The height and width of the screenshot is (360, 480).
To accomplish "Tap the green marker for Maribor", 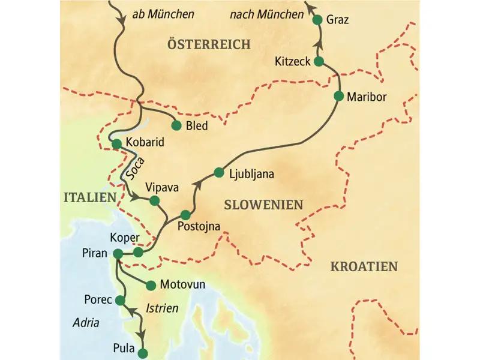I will [x=340, y=97].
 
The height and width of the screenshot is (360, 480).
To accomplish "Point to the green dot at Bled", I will [x=176, y=126].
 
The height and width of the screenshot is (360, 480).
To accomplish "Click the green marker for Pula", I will [x=143, y=352].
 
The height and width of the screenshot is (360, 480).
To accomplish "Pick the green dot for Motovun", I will [x=150, y=284].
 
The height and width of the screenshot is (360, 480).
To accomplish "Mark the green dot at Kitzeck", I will [x=319, y=61].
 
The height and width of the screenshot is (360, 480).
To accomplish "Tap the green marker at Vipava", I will [x=154, y=200].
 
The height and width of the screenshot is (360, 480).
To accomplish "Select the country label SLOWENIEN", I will [x=263, y=205].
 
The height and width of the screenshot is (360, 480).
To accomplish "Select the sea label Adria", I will [x=83, y=322].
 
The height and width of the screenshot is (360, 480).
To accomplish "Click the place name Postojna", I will [x=200, y=227].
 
